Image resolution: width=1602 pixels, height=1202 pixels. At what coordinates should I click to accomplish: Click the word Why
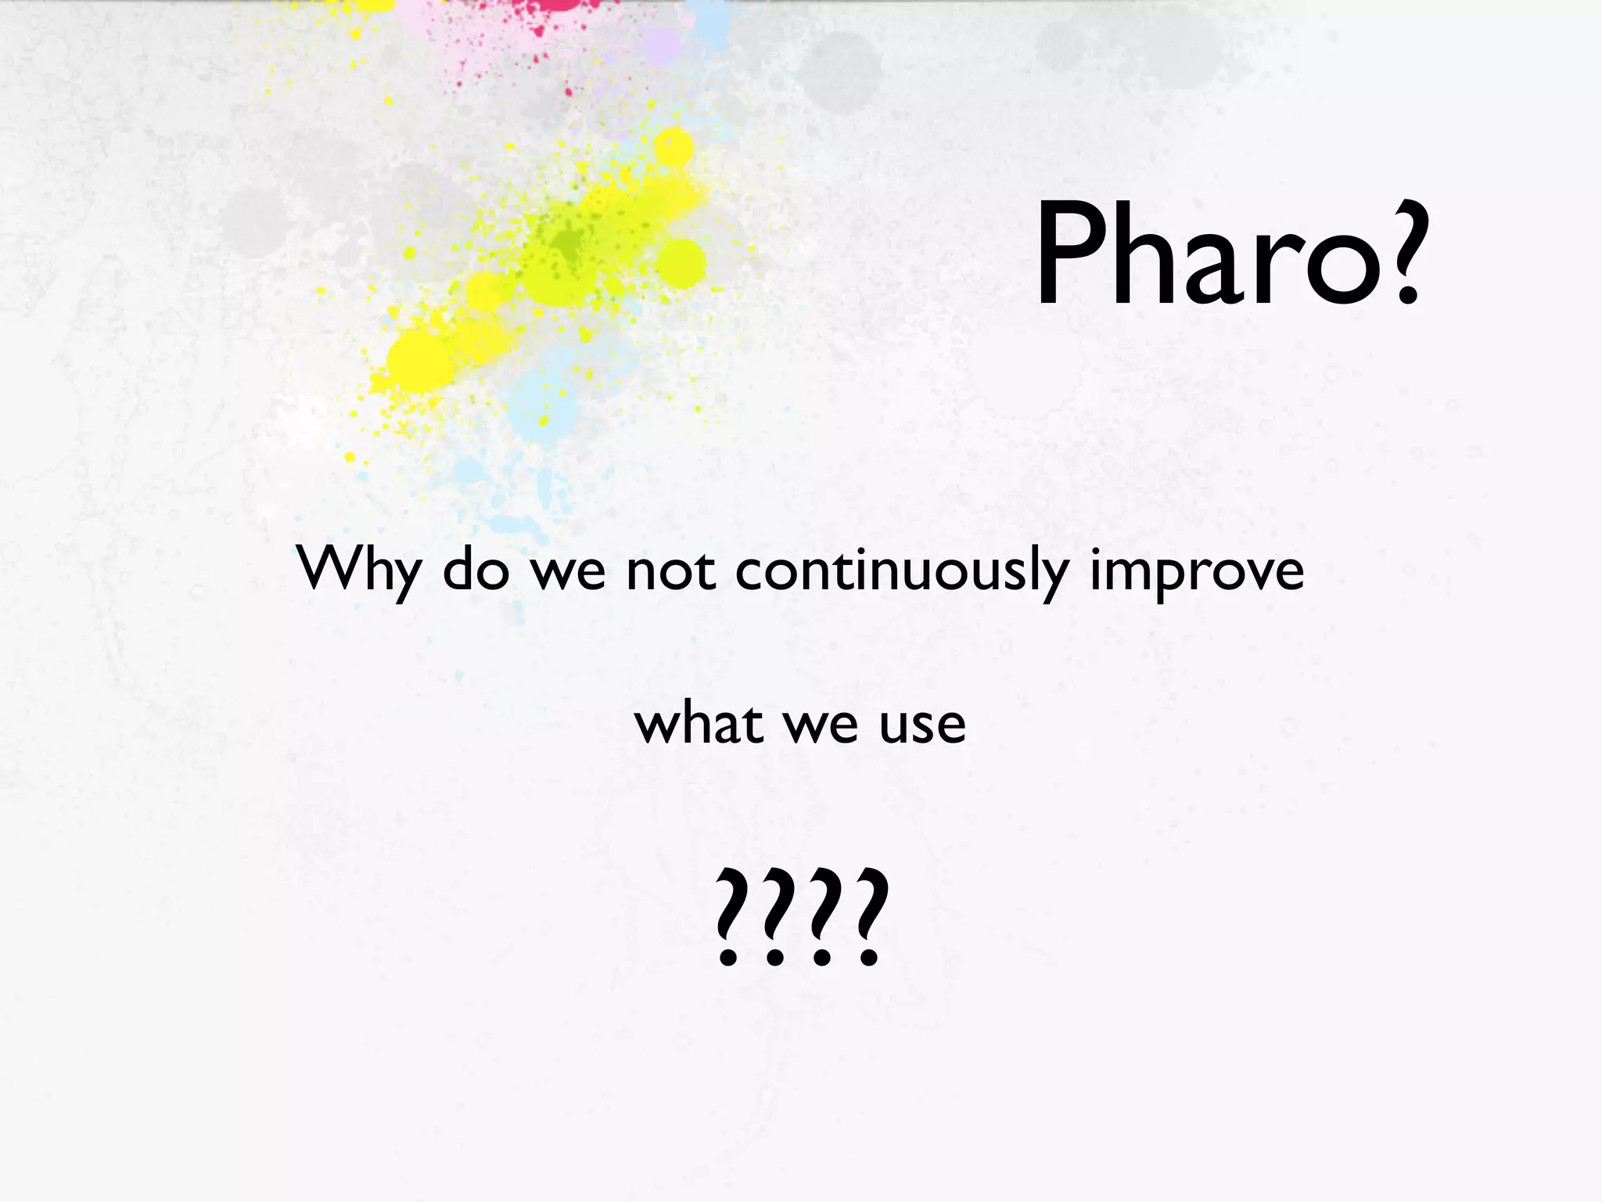(359, 570)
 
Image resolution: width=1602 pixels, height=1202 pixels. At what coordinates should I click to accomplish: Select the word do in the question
(476, 569)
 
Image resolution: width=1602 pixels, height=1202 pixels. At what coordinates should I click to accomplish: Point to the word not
(670, 569)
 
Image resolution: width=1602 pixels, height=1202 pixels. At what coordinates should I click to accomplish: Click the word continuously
(901, 570)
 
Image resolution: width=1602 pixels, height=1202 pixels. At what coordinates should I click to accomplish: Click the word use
(922, 723)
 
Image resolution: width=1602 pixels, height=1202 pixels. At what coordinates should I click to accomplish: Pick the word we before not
(568, 570)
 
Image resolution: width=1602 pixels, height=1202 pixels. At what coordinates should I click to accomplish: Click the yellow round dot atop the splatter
(673, 147)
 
